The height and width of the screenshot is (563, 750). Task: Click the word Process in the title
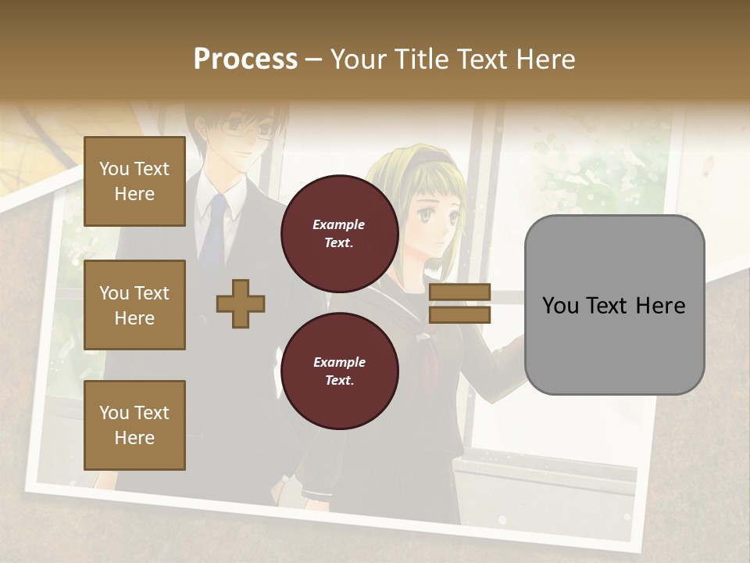pos(245,59)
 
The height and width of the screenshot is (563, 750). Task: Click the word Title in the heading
pos(422,59)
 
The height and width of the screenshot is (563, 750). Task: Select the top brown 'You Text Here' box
pos(134,181)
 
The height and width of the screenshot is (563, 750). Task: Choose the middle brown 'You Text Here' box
pos(134,305)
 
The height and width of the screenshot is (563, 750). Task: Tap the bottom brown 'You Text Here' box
pos(134,425)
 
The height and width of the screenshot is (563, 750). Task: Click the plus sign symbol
pos(241,303)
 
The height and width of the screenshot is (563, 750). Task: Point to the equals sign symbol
pos(459,303)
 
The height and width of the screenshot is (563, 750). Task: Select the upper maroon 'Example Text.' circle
pos(340,233)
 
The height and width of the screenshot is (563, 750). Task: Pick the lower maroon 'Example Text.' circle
pos(340,371)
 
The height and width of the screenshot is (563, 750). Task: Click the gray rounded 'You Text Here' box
pos(614,305)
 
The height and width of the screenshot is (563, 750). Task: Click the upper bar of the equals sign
pos(459,292)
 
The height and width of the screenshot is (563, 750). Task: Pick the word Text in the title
pos(480,59)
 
